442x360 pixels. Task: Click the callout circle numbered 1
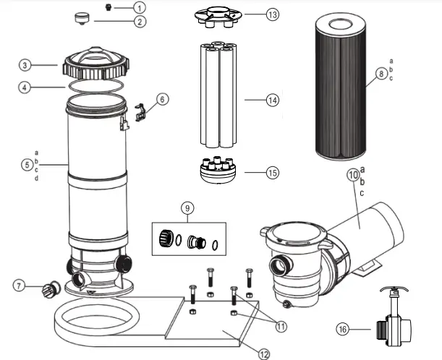tap(140, 7)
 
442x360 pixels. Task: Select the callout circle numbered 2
tap(140, 21)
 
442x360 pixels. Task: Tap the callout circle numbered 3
tap(25, 66)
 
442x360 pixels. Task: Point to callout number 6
tap(161, 98)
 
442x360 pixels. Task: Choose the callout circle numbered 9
tap(188, 209)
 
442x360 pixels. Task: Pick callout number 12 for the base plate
tap(264, 353)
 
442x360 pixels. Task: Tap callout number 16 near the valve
tap(344, 329)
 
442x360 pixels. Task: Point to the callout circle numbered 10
tap(354, 174)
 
